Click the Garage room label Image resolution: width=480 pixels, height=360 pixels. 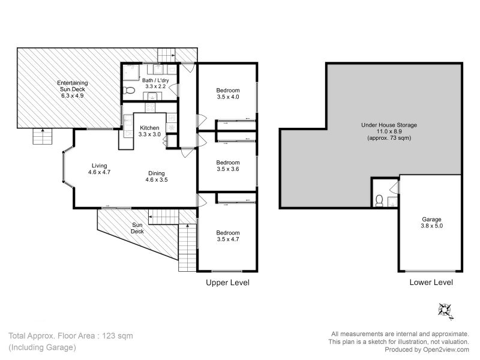pos(431,220)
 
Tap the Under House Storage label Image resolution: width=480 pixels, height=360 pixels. pos(389,125)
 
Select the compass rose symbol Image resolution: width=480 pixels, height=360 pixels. pos(445,311)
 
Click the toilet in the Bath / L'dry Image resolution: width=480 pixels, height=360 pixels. pos(129,91)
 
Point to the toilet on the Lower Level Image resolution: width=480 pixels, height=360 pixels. pos(379,201)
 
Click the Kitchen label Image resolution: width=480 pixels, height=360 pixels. pos(149,128)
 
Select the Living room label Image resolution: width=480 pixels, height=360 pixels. pos(99,166)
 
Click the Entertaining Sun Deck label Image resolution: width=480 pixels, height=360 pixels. pos(73,86)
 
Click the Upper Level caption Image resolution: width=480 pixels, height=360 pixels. pos(227,283)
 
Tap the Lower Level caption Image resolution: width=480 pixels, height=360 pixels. pos(431,282)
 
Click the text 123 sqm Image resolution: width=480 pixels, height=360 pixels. pos(118,336)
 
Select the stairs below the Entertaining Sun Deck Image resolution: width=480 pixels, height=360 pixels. pos(43,136)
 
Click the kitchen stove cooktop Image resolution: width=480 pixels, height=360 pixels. pos(150,107)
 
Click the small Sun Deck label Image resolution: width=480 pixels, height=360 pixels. pos(137,228)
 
